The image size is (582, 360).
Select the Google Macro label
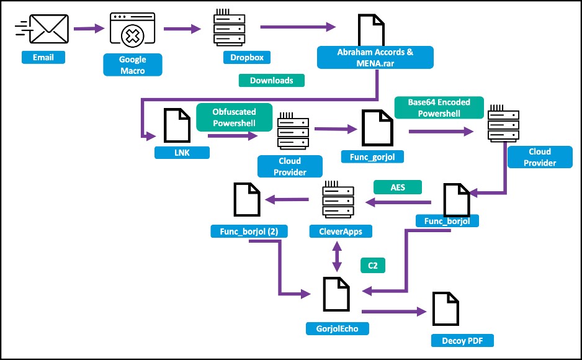(x=133, y=65)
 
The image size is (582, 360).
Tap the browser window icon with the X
(x=132, y=29)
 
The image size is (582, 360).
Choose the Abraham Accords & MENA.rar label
(x=375, y=58)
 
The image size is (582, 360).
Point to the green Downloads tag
(x=272, y=80)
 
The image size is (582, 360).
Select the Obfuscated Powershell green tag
(x=235, y=117)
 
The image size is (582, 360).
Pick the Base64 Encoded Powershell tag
(x=439, y=107)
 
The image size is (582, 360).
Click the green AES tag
(x=397, y=186)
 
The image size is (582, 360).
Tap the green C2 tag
(x=373, y=266)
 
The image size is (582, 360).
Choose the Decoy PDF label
(x=463, y=340)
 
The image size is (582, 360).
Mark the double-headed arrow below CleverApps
(x=337, y=255)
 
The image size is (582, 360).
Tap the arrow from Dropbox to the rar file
(x=298, y=27)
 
